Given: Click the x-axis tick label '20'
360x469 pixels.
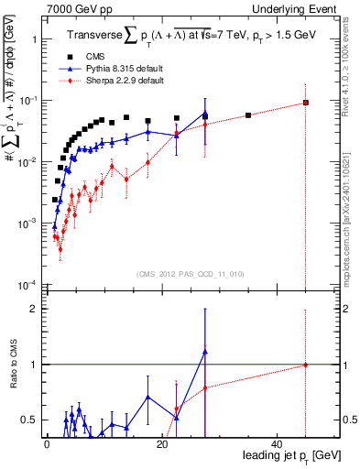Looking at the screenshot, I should [162, 444].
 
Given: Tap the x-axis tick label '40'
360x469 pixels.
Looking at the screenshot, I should [278, 444].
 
